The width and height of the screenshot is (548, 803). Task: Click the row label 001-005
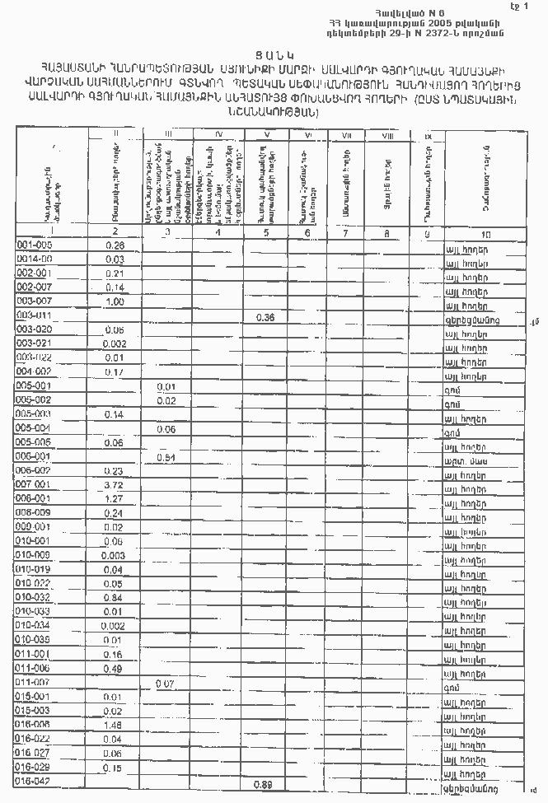(34, 245)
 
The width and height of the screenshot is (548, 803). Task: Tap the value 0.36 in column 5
(264, 318)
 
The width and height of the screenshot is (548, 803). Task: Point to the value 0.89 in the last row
(264, 782)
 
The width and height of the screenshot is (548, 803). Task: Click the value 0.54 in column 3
(167, 457)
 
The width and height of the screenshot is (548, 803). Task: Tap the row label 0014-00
(34, 259)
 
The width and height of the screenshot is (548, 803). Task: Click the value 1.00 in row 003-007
(114, 301)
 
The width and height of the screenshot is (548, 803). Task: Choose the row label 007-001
(34, 485)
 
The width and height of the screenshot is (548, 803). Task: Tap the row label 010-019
(34, 569)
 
